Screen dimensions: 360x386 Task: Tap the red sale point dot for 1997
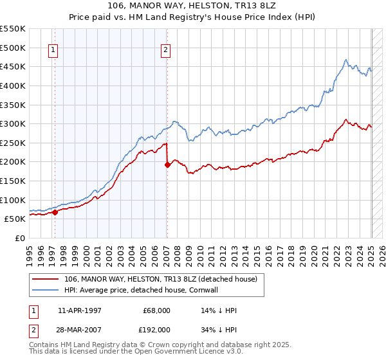[55, 212]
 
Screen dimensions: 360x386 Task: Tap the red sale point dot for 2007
[167, 165]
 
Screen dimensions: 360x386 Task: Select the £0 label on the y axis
[20, 238]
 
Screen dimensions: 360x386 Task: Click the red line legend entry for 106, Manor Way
[161, 279]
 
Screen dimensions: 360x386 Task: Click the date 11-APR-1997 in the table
[79, 310]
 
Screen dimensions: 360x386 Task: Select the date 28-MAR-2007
[79, 329]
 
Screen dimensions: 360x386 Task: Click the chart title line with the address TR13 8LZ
[192, 6]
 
